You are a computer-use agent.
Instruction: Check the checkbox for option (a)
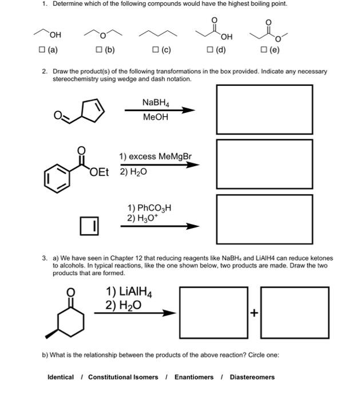pyautogui.click(x=42, y=50)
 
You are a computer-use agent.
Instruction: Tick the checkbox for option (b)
pyautogui.click(x=99, y=50)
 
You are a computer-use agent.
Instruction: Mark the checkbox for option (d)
pyautogui.click(x=210, y=50)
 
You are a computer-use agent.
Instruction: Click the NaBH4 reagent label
pyautogui.click(x=156, y=103)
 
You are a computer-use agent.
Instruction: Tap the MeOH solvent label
pyautogui.click(x=156, y=117)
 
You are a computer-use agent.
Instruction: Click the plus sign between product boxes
pyautogui.click(x=254, y=313)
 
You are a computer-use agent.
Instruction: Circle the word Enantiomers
pyautogui.click(x=194, y=377)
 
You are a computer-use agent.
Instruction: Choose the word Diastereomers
pyautogui.click(x=252, y=377)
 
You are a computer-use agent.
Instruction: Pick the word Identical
pyautogui.click(x=60, y=377)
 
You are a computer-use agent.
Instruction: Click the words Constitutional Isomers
pyautogui.click(x=123, y=377)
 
